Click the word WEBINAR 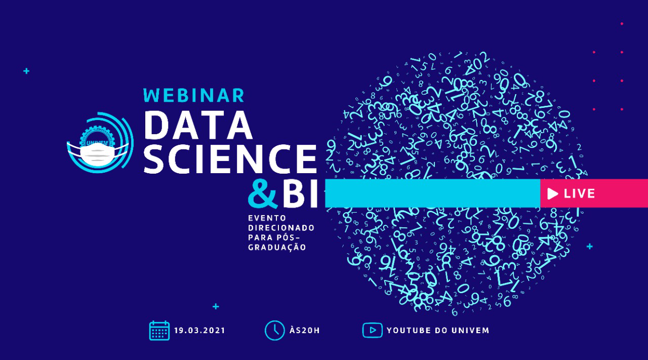pos(194,95)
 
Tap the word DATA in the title pos(198,125)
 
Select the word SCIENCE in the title pos(230,159)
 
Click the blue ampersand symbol pos(263,193)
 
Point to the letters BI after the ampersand pos(300,193)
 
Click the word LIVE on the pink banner pos(580,193)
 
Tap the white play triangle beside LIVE pos(552,193)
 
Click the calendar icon pos(159,331)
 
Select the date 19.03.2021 pos(199,331)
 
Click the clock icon pos(274,331)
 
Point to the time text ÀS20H pos(305,330)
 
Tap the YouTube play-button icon pos(373,330)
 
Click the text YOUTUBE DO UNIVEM pos(438,331)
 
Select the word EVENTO pos(267,218)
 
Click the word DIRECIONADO pos(281,228)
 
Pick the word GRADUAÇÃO pos(277,247)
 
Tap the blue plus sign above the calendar pos(216,306)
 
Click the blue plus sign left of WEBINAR pos(26,71)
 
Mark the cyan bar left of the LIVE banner pos(433,193)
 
